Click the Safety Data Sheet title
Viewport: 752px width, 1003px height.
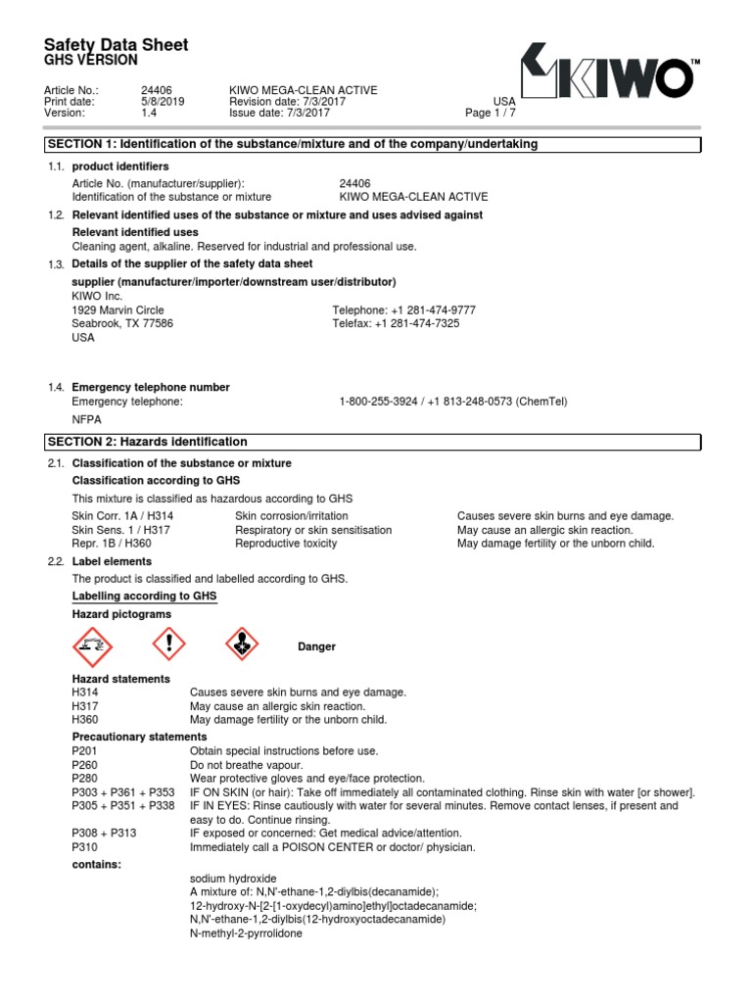[x=117, y=45]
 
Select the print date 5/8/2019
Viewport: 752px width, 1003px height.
[x=163, y=101]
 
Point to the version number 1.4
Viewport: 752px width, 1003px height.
[x=149, y=113]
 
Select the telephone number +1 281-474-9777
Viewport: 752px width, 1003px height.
[x=404, y=310]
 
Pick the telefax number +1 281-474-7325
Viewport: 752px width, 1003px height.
[x=397, y=323]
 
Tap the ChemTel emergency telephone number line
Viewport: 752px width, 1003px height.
[x=453, y=402]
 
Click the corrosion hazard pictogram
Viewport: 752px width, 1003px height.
[x=94, y=646]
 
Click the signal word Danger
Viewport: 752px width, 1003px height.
[x=316, y=646]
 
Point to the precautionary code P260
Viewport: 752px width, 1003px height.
[x=85, y=764]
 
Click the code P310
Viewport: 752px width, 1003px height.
[x=85, y=846]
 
